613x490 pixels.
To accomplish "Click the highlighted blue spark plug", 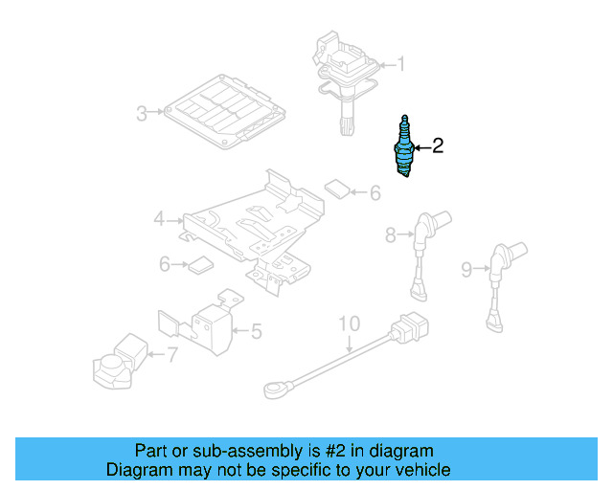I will point(406,147).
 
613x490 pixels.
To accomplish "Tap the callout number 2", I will point(438,146).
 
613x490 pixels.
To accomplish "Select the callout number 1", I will point(401,65).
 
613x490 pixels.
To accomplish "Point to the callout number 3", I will point(142,115).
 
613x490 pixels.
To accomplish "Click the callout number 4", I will point(159,220).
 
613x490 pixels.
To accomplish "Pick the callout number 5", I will point(256,332).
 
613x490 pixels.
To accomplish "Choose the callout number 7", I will point(171,356).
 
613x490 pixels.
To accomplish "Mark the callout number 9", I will point(466,270).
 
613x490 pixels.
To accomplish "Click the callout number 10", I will point(350,323).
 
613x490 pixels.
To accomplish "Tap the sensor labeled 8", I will point(420,249).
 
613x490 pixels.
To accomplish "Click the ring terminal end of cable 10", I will point(274,389).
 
